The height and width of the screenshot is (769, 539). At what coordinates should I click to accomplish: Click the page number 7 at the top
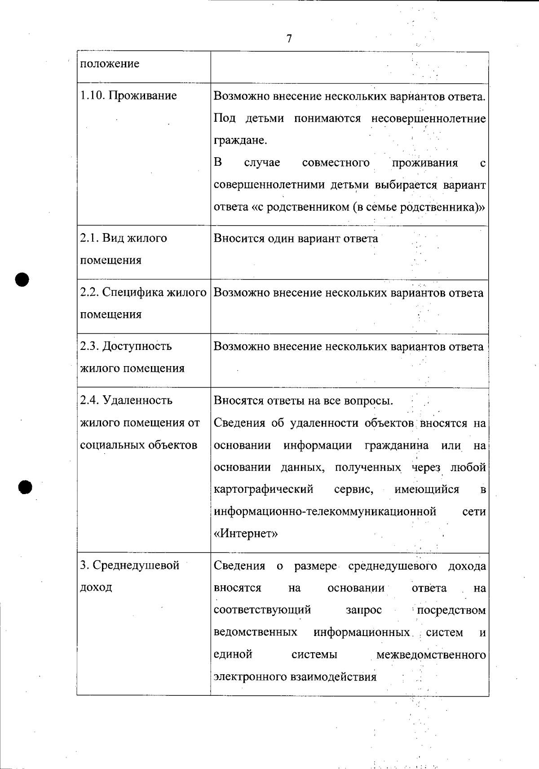click(x=289, y=39)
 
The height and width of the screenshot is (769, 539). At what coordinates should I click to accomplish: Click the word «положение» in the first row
click(x=110, y=64)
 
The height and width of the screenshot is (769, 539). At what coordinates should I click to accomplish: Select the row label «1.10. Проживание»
click(x=128, y=96)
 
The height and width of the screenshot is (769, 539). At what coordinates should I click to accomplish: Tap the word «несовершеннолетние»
click(x=429, y=119)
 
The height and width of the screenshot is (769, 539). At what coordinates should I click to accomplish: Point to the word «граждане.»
click(x=240, y=141)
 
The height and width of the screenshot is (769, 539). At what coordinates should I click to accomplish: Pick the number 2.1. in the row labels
click(x=90, y=238)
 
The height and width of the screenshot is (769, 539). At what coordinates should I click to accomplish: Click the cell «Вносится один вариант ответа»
click(x=296, y=239)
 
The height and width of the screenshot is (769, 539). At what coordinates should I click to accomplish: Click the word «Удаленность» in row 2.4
click(x=137, y=400)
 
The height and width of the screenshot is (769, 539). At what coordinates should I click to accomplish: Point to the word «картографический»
click(x=264, y=489)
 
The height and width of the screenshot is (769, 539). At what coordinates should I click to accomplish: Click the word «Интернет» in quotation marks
click(x=246, y=534)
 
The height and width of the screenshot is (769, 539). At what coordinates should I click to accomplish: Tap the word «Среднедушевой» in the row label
click(x=136, y=566)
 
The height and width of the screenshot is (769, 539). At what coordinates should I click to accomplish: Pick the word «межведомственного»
click(x=431, y=654)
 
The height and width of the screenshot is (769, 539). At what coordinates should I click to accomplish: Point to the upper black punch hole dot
click(x=22, y=279)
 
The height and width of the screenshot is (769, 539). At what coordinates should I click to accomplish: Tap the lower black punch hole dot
click(x=26, y=487)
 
